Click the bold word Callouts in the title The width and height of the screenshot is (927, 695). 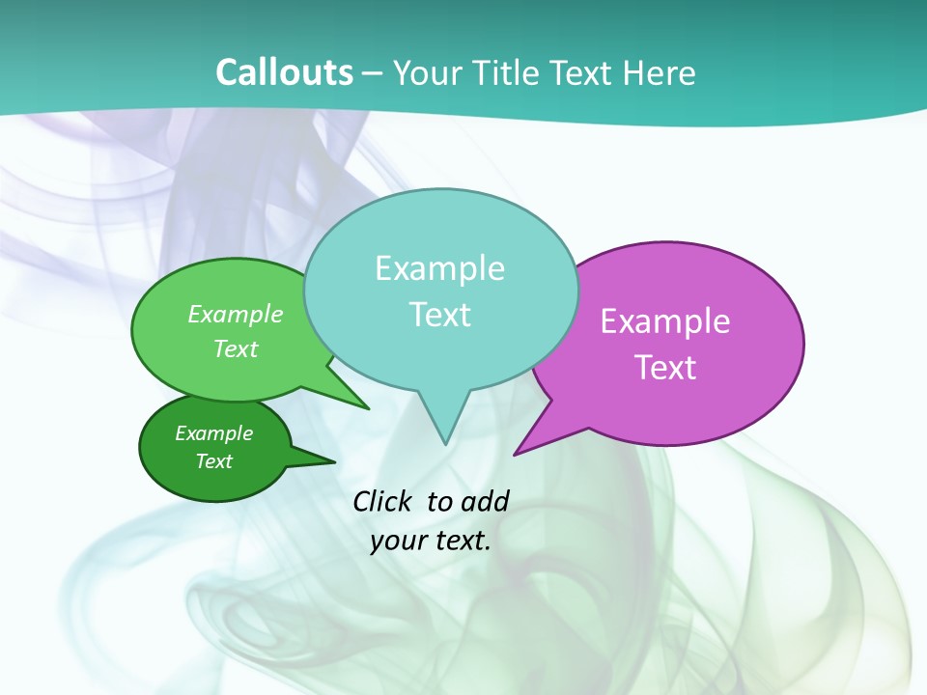click(284, 72)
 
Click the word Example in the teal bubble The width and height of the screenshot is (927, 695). click(439, 268)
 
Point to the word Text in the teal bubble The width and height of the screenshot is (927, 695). click(439, 315)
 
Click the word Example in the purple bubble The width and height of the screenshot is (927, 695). click(665, 321)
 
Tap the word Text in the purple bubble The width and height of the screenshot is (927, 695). click(665, 368)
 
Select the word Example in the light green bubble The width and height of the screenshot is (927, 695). click(236, 314)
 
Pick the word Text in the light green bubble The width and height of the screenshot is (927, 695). click(236, 348)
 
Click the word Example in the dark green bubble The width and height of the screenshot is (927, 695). click(214, 433)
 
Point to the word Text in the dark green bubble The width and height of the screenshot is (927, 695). click(214, 461)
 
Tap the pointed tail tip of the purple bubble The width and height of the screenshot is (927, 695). click(515, 454)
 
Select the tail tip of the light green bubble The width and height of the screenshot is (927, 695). click(368, 408)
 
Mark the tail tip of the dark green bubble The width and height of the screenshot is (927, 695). click(334, 461)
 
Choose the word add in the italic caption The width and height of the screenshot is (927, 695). click(484, 501)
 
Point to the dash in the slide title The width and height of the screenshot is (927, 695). click(374, 73)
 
